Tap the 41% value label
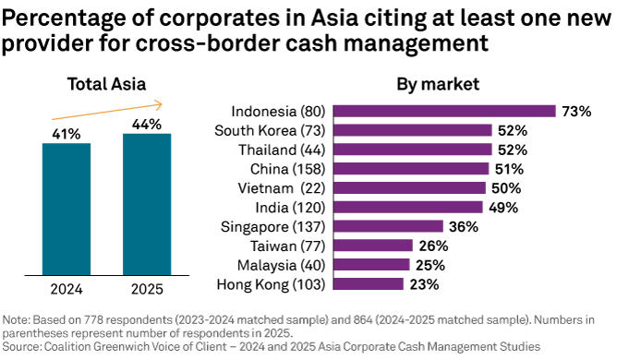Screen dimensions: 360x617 coord(67,133)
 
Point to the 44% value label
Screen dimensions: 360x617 coord(147,124)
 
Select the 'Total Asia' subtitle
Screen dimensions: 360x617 coord(106,84)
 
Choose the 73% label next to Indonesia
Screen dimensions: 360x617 coord(576,111)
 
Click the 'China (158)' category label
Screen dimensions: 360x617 coord(288,169)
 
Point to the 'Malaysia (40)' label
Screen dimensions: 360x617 coord(282,266)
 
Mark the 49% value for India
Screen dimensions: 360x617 coord(503,208)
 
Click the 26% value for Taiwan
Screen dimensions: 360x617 coord(433,246)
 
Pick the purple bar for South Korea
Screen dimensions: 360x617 coord(412,130)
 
